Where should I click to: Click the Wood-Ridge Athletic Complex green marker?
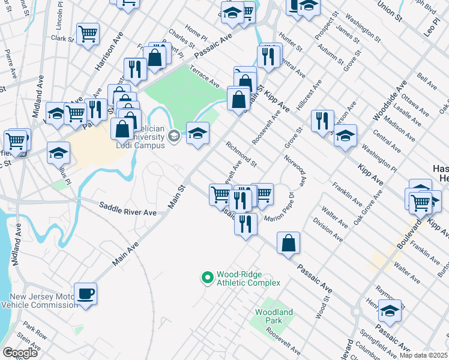coord(207,277)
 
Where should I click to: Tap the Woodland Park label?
coord(274,316)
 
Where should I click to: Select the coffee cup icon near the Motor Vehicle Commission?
coord(85,293)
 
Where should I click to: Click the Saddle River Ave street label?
coord(127,212)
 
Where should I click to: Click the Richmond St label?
coord(241,154)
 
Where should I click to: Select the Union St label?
coord(390,11)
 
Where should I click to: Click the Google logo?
coord(20,353)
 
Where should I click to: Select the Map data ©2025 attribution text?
coord(423,355)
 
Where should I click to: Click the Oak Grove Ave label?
coord(367,208)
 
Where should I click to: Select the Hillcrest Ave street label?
coord(309,95)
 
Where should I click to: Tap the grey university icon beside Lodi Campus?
coord(174,136)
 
